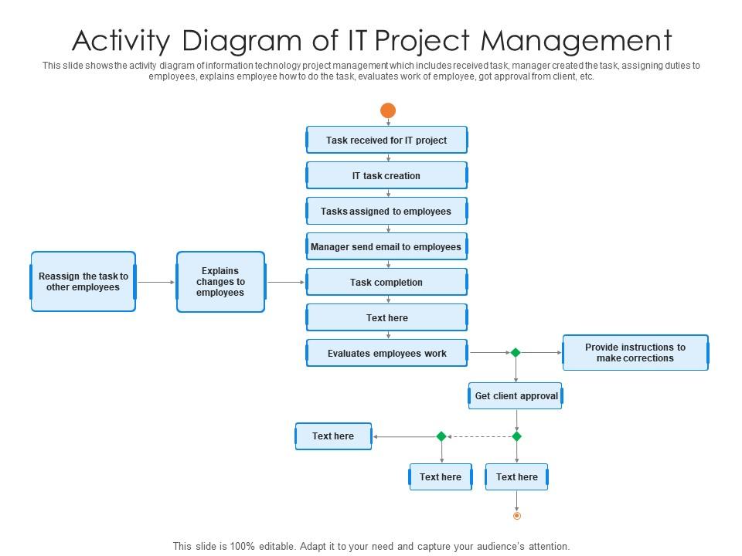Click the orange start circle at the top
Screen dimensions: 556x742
tap(388, 110)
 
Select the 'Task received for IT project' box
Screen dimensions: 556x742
tap(386, 141)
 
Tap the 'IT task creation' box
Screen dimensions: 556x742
tap(386, 176)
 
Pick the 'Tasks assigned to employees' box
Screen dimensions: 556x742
tap(386, 212)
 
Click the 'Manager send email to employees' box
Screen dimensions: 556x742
tap(386, 247)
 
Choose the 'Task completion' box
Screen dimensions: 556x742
tap(386, 283)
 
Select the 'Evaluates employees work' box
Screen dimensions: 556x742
tap(386, 354)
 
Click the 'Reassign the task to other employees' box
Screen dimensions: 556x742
tap(83, 282)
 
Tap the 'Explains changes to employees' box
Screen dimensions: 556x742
tap(221, 282)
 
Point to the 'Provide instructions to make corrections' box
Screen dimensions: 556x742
tap(635, 353)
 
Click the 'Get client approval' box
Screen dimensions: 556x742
tap(516, 396)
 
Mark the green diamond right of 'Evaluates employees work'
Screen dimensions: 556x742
tap(516, 353)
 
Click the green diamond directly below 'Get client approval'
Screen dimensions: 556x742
tap(516, 436)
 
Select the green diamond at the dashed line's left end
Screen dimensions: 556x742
tap(441, 436)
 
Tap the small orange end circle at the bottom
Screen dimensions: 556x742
tap(516, 516)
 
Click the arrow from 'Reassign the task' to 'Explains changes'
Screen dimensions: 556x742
tap(156, 283)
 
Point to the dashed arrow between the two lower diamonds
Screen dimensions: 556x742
tap(479, 436)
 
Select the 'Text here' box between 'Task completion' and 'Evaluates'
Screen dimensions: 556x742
tap(386, 318)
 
